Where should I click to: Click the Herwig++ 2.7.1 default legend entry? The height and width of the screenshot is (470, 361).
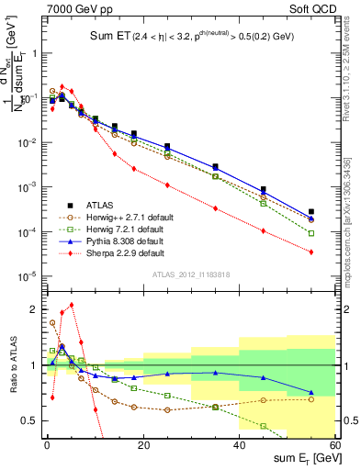pyautogui.click(x=119, y=217)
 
